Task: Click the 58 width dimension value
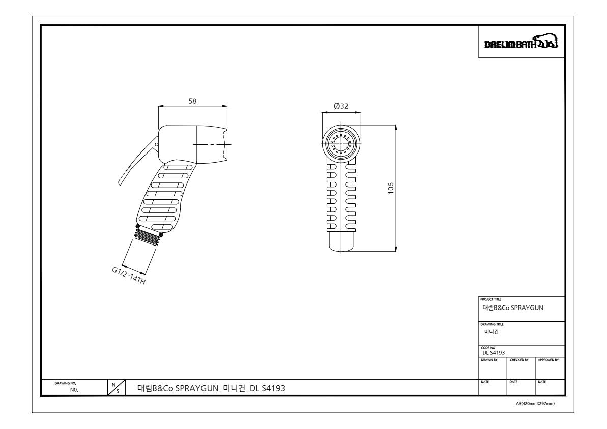click(x=192, y=101)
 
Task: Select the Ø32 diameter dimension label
click(x=341, y=106)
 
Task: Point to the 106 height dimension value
click(x=391, y=188)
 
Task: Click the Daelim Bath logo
click(x=521, y=42)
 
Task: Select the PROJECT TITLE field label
click(x=490, y=299)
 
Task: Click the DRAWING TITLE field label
click(x=492, y=324)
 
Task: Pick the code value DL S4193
click(x=493, y=353)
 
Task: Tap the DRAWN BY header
click(x=489, y=360)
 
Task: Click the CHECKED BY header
click(x=519, y=360)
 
